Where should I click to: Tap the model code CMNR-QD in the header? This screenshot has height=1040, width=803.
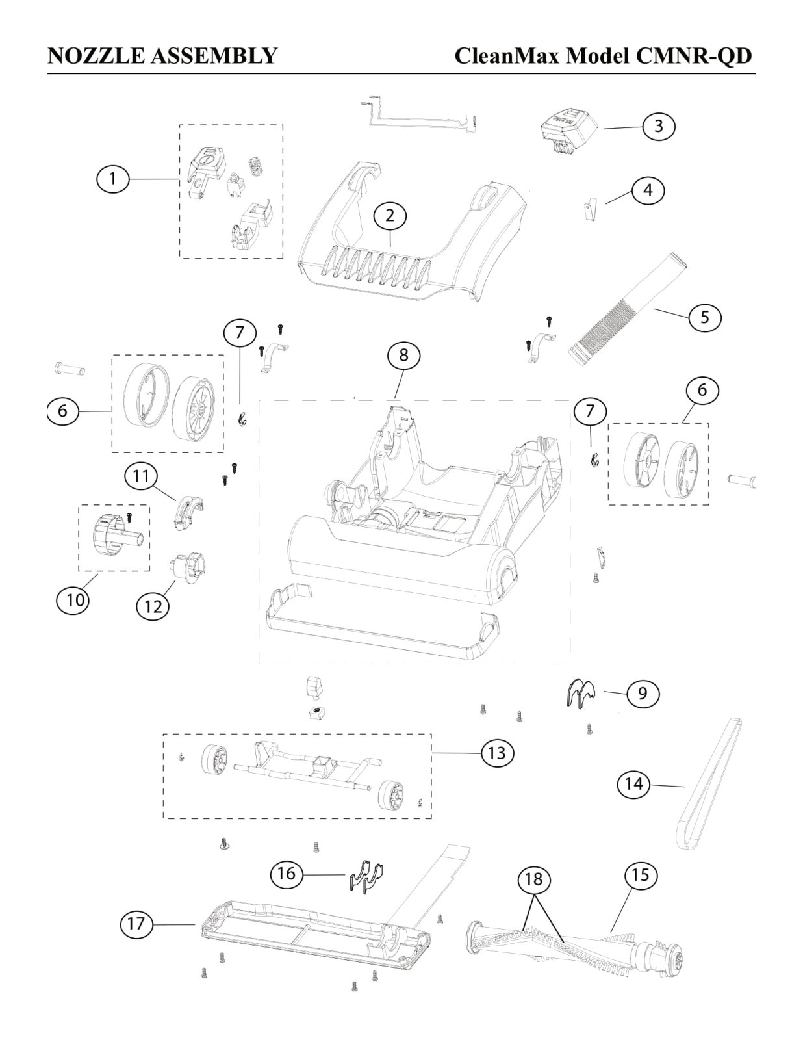(693, 56)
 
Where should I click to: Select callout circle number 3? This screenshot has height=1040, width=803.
(659, 126)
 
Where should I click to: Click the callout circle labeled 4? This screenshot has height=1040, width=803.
(648, 190)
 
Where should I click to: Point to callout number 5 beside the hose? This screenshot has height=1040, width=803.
(705, 317)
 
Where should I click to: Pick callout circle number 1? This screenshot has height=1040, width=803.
(113, 179)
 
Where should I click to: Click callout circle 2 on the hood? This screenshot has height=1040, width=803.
(390, 216)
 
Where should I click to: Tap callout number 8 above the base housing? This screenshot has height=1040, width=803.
(403, 355)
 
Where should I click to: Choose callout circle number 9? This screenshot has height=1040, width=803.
(643, 694)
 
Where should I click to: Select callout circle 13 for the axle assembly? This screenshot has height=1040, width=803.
(497, 753)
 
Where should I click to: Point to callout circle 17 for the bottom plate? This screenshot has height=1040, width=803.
(136, 923)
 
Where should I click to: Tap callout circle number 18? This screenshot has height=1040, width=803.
(534, 879)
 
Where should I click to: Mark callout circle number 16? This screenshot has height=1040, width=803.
(287, 874)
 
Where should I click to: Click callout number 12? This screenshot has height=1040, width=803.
(153, 607)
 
